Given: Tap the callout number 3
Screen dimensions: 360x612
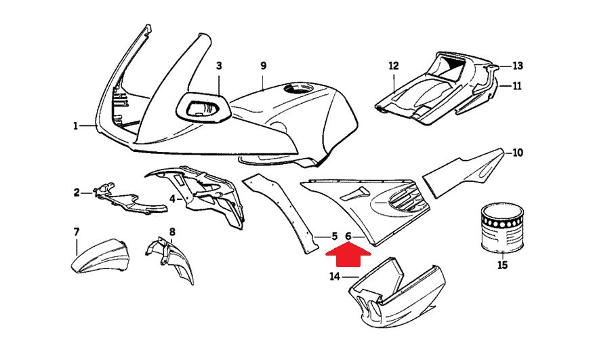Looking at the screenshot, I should pyautogui.click(x=219, y=66).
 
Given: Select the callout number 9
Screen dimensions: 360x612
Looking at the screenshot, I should pyautogui.click(x=264, y=66).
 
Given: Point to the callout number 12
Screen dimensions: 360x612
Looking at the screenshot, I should pyautogui.click(x=394, y=66).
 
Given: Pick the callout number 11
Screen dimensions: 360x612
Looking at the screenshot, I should pyautogui.click(x=517, y=86).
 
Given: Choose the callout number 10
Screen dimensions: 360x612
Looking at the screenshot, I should pyautogui.click(x=517, y=153).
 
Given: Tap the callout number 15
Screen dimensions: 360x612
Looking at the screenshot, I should pyautogui.click(x=502, y=265).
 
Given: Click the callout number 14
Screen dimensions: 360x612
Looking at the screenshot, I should pyautogui.click(x=335, y=276).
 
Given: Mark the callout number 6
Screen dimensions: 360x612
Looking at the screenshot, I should pyautogui.click(x=348, y=236).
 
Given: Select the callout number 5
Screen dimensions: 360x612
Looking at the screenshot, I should pyautogui.click(x=334, y=236).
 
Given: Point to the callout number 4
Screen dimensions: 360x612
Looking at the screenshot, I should pyautogui.click(x=172, y=199).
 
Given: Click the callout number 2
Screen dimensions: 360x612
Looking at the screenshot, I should pyautogui.click(x=77, y=193).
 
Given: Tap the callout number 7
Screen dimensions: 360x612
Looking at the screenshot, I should pyautogui.click(x=77, y=233).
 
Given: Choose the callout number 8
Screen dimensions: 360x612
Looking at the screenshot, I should pyautogui.click(x=172, y=233).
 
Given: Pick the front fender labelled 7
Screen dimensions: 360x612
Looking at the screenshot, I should pyautogui.click(x=98, y=254).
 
